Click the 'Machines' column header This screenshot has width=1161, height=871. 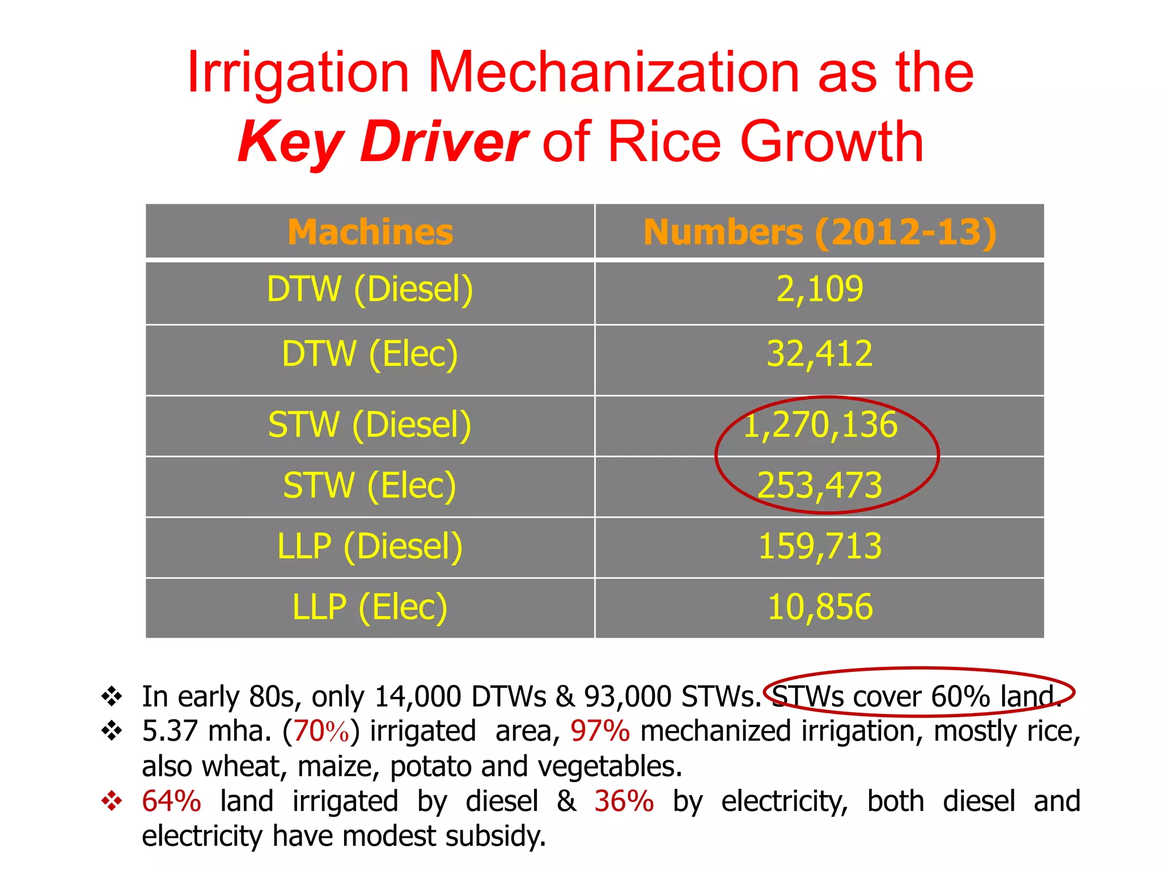pyautogui.click(x=370, y=232)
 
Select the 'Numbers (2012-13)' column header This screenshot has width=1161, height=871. pyautogui.click(x=819, y=232)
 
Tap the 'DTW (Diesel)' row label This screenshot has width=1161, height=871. pyautogui.click(x=370, y=290)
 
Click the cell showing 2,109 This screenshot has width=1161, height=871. pyautogui.click(x=819, y=290)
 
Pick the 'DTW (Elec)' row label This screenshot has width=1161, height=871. pyautogui.click(x=370, y=354)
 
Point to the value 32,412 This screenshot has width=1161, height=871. pyautogui.click(x=819, y=354)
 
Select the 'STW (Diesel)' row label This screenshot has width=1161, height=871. pyautogui.click(x=370, y=425)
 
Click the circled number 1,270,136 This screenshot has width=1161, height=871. pyautogui.click(x=820, y=425)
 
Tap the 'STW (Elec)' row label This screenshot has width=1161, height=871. pyautogui.click(x=370, y=486)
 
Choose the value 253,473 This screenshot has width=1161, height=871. pyautogui.click(x=820, y=486)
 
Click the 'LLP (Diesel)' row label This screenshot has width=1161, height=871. pyautogui.click(x=370, y=547)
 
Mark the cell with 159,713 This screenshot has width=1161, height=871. pyautogui.click(x=820, y=547)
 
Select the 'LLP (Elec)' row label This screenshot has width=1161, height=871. pyautogui.click(x=370, y=607)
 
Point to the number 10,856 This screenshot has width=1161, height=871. pyautogui.click(x=820, y=607)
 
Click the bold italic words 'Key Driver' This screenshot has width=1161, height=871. pyautogui.click(x=383, y=142)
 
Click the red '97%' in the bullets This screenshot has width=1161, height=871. pyautogui.click(x=600, y=731)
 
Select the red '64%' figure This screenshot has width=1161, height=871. pyautogui.click(x=171, y=801)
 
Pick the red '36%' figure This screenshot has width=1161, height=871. pyautogui.click(x=624, y=801)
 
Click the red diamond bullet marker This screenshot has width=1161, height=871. pyautogui.click(x=112, y=801)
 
